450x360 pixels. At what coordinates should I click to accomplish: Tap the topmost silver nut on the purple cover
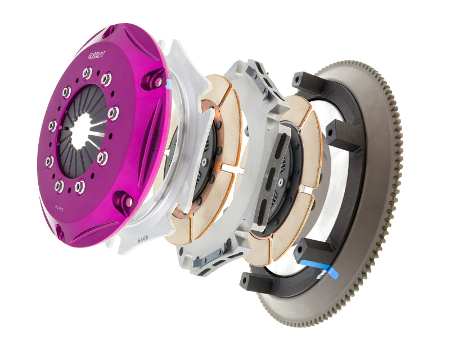coord(87,73)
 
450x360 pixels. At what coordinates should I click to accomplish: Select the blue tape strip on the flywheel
coord(318,269)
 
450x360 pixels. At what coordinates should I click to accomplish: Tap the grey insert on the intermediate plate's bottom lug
coord(209,260)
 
